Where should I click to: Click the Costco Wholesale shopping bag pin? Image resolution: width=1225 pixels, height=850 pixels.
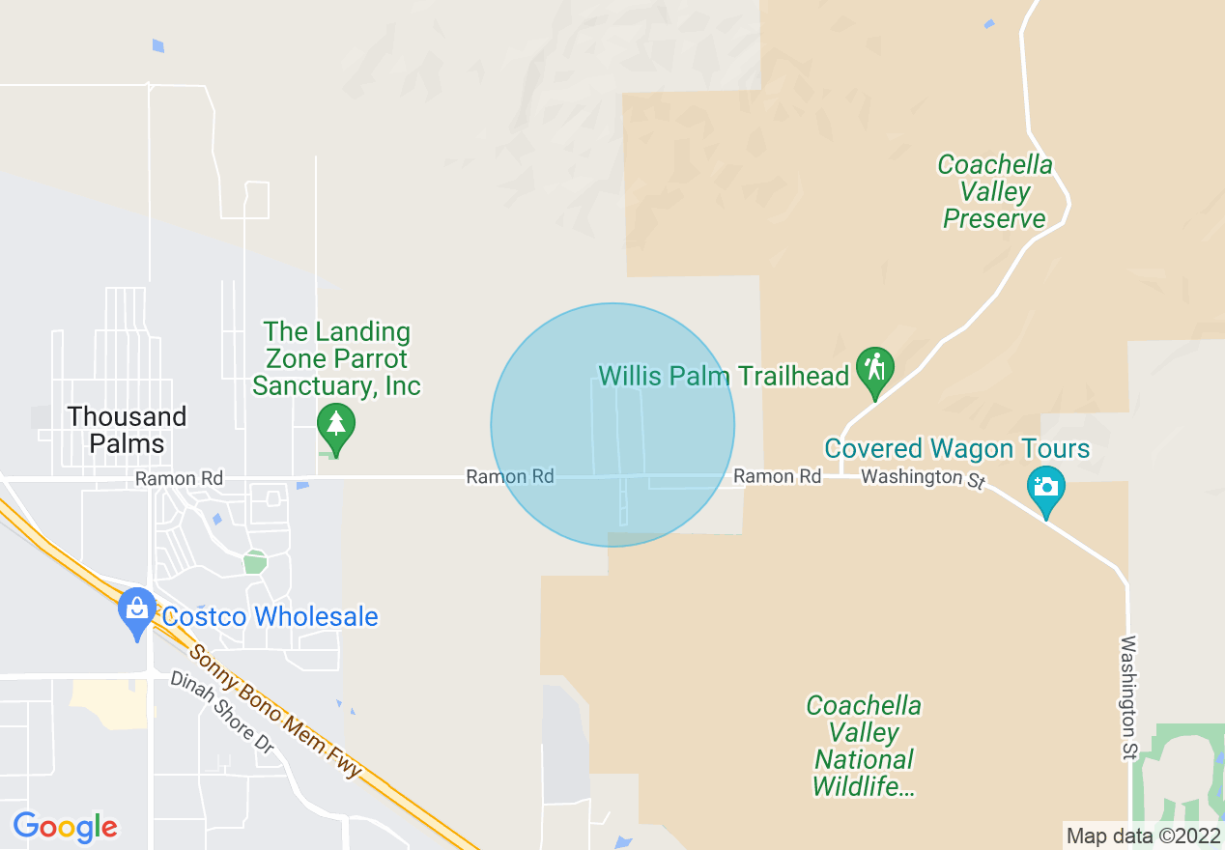137,609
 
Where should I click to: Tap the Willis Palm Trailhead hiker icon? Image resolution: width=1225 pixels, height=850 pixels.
874,368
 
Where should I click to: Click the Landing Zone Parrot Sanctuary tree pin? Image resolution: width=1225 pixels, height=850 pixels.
336,424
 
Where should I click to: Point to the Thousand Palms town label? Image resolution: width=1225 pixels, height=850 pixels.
127,430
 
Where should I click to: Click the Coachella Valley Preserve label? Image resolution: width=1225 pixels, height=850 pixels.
995,191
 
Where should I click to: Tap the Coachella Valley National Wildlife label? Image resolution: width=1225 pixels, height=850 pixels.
864,746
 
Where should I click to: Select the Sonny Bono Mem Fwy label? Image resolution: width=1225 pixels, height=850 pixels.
274,710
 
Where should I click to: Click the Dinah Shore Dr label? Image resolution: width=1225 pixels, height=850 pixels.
222,712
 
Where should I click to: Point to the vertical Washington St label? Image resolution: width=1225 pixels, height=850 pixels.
1128,696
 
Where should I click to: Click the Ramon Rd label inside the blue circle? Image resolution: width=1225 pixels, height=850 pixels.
510,476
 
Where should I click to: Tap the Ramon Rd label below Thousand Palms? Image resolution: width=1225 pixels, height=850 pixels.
179,478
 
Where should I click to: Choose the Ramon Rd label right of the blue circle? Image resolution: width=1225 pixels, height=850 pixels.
777,476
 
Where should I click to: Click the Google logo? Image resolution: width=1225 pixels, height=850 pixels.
65,827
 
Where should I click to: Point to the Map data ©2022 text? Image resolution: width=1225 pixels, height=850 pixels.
1143,836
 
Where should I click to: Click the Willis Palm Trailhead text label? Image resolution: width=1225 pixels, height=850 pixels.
724,376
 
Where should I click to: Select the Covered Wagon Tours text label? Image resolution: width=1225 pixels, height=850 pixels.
956,449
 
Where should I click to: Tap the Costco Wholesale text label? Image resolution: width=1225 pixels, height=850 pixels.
270,616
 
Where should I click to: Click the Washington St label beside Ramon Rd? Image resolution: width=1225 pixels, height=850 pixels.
923,478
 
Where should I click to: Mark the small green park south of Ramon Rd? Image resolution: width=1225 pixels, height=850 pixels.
254,561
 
